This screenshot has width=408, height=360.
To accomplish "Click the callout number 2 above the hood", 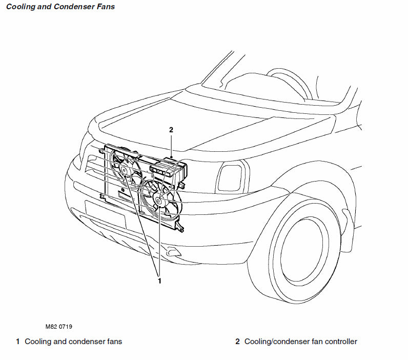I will (172, 130).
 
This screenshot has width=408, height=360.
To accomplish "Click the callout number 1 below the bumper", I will (159, 281).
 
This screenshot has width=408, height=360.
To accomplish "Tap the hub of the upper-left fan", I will (124, 170).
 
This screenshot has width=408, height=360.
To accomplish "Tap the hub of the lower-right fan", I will (158, 201).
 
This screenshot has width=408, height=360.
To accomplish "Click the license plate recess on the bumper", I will (105, 213).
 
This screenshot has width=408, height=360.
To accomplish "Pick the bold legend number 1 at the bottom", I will (18, 342).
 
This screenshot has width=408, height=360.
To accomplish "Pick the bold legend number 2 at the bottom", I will (237, 342).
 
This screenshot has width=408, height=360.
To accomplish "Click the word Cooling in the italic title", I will (21, 7).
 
